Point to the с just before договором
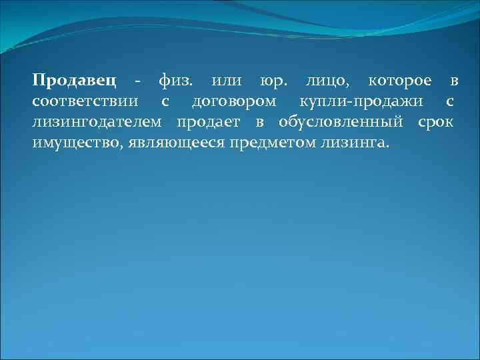tap(165, 103)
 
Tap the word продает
tap(211, 123)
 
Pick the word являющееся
tap(166, 143)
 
